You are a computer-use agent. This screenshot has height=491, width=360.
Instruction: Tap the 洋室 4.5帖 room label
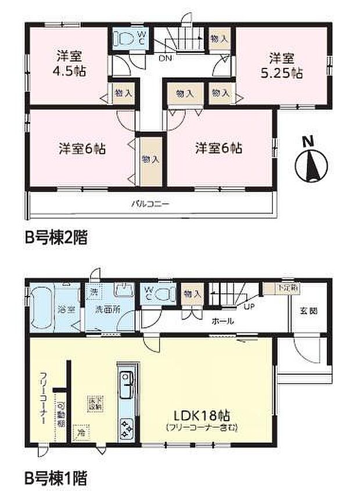click(68, 64)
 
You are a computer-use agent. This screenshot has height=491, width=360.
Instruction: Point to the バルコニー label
click(149, 204)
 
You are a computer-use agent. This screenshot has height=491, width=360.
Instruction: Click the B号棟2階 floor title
click(56, 238)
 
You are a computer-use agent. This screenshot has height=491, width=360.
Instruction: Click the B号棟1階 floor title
click(56, 479)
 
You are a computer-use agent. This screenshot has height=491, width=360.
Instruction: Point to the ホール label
click(223, 320)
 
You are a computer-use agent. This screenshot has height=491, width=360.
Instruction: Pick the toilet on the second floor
click(124, 38)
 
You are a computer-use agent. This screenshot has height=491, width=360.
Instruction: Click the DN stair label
click(165, 59)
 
